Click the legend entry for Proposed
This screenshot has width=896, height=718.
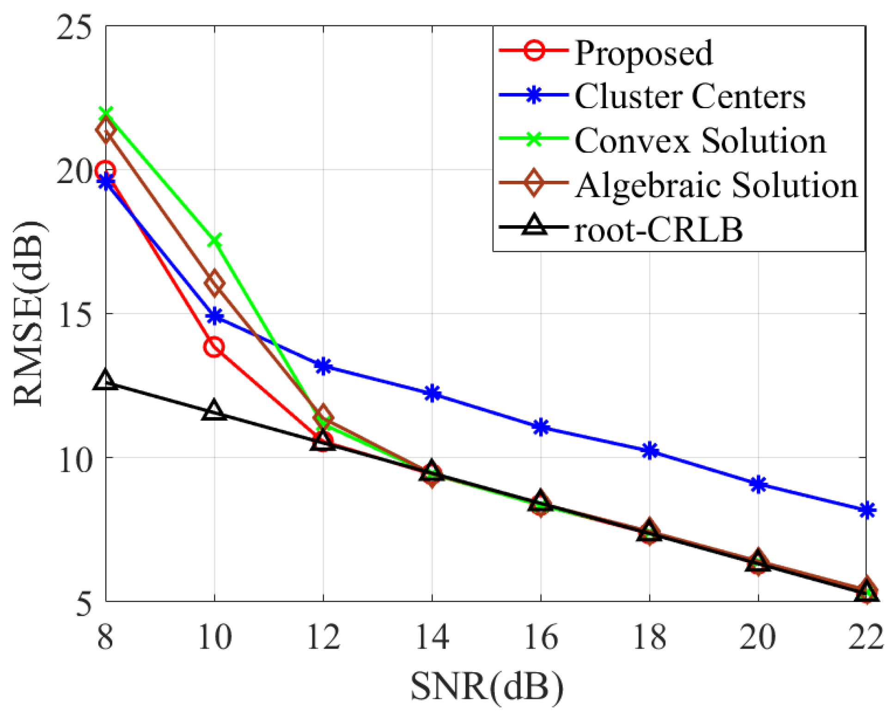point(643,53)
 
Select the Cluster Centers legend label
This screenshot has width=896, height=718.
point(690,97)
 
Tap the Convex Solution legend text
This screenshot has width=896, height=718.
point(700,141)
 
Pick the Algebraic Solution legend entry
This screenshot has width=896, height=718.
point(716,185)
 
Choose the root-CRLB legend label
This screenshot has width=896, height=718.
point(658,229)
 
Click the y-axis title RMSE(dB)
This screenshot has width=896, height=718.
point(29,314)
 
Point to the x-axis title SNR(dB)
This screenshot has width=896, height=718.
point(487,687)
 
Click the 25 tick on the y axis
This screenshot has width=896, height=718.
point(74,26)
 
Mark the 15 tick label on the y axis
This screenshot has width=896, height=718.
point(74,314)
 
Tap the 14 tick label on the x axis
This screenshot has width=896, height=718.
point(432,637)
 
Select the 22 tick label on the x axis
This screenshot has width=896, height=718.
point(866,637)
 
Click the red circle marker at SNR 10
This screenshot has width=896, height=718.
point(214,347)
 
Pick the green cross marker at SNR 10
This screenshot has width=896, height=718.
point(214,240)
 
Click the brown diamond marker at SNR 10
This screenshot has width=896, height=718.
point(214,283)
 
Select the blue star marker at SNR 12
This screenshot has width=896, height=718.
point(323,366)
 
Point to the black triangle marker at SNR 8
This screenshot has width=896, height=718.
point(105,380)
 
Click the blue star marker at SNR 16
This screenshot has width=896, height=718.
point(541,427)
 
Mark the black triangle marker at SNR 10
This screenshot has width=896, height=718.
point(214,411)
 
